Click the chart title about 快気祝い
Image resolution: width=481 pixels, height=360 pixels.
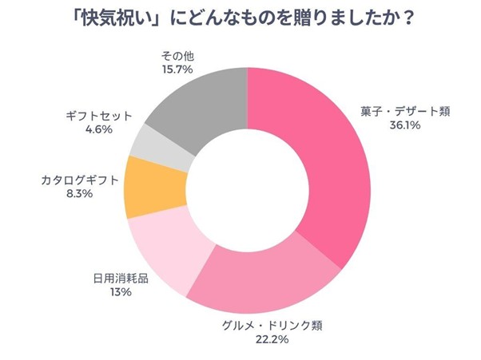pyautogui.click(x=240, y=18)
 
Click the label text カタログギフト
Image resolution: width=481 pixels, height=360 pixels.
pyautogui.click(x=79, y=180)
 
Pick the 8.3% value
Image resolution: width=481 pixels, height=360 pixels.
pyautogui.click(x=79, y=194)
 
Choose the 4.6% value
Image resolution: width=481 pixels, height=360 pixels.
pyautogui.click(x=97, y=129)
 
